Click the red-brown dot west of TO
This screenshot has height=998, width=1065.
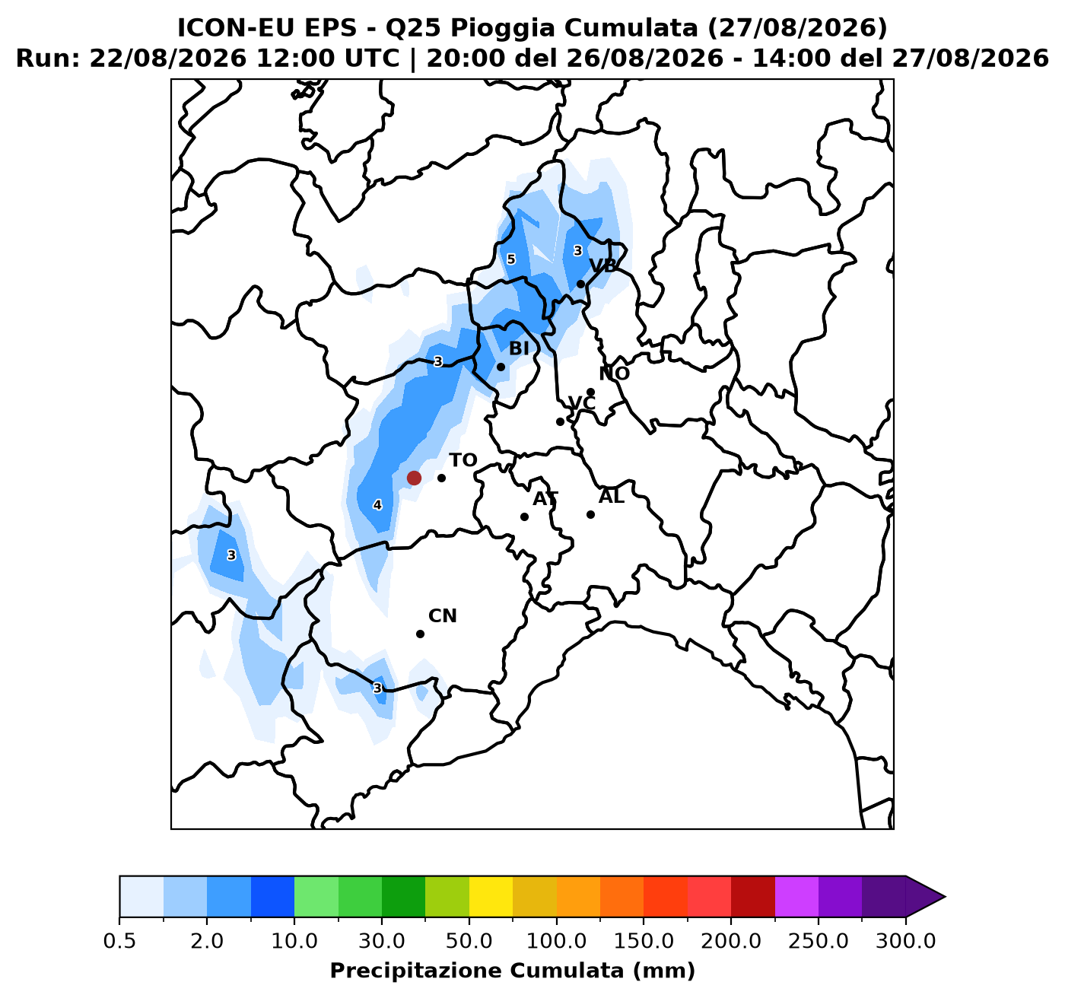coord(414,478)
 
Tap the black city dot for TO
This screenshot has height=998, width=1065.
coord(441,478)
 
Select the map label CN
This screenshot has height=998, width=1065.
coord(443,616)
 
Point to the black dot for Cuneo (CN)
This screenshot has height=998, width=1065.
coord(421,634)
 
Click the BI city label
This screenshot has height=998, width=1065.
coord(519,348)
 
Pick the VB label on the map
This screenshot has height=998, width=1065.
coord(603,265)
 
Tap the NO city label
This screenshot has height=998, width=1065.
coord(614,373)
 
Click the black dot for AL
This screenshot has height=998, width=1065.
coord(590,514)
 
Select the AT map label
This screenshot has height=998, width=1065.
coord(545,499)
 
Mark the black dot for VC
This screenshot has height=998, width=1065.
coord(561,421)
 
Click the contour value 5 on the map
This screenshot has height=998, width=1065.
coord(511,259)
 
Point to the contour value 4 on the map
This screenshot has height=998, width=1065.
coord(377,504)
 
